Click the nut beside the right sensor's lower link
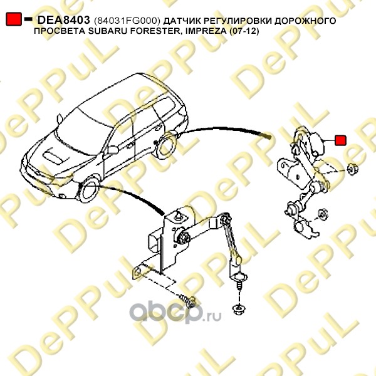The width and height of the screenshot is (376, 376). tap(324, 214)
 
